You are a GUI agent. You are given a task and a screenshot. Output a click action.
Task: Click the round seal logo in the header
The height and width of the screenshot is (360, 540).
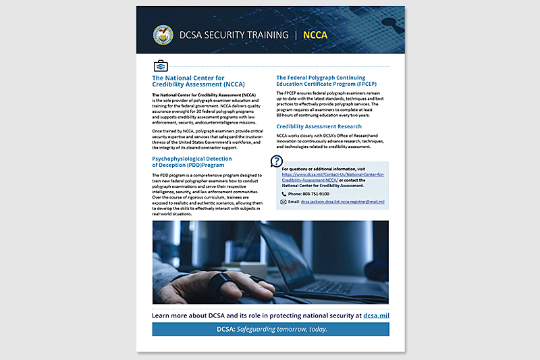click(x=164, y=34)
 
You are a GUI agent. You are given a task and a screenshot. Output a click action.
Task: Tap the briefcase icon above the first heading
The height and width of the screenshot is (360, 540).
click(x=161, y=66)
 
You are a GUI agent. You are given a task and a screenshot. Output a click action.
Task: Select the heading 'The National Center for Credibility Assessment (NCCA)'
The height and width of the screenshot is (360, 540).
click(x=198, y=81)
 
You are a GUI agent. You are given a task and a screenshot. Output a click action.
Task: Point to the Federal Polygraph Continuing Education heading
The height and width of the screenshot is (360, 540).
click(x=330, y=81)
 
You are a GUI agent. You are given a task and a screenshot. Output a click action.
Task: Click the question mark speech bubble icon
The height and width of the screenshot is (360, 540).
click(x=276, y=161)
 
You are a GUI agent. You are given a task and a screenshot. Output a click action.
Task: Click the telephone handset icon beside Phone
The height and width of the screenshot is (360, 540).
click(x=284, y=194)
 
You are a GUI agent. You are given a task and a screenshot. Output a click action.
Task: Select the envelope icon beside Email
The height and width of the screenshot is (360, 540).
click(x=284, y=202)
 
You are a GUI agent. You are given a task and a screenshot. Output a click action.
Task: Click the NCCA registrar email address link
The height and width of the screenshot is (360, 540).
click(x=342, y=202)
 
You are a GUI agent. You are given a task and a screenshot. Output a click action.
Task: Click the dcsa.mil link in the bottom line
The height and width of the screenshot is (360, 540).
click(x=376, y=315)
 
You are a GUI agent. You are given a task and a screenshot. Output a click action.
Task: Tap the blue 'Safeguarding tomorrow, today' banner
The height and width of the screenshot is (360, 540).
click(x=271, y=329)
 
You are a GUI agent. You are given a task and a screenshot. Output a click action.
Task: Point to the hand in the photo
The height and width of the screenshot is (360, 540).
click(x=203, y=288)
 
